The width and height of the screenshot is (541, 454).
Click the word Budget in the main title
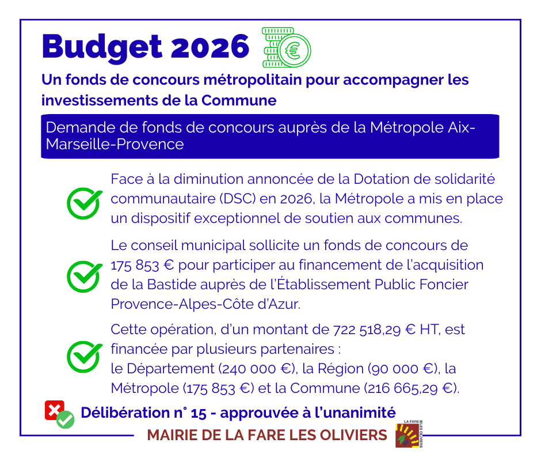point(102,47)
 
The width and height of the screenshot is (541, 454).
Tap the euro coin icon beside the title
point(287,47)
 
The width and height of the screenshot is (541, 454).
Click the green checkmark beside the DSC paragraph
point(85,203)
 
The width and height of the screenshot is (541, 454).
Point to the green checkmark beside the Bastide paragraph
point(85,276)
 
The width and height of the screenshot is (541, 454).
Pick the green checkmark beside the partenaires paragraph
point(85,356)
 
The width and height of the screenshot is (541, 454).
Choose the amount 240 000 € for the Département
point(257,369)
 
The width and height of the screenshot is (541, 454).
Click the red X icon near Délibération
point(55,410)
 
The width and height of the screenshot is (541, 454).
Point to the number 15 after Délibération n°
point(199,413)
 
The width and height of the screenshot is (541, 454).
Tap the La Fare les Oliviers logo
point(409,434)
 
